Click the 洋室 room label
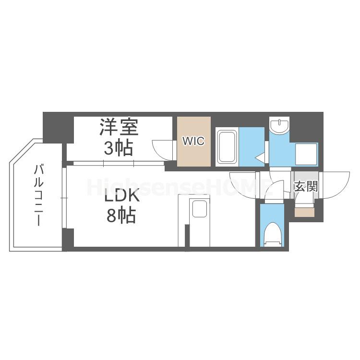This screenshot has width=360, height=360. (x=119, y=128)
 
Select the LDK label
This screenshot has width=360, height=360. (x=120, y=196)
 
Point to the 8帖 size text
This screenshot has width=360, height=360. (x=120, y=216)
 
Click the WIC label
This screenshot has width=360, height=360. (x=193, y=141)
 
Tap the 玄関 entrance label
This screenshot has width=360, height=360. (x=305, y=186)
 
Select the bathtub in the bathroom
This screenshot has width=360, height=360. (x=227, y=146)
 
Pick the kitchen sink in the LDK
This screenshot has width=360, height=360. (x=199, y=210)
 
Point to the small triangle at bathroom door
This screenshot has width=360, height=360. (x=259, y=157)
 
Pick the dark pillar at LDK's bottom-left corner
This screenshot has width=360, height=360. (x=68, y=239)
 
